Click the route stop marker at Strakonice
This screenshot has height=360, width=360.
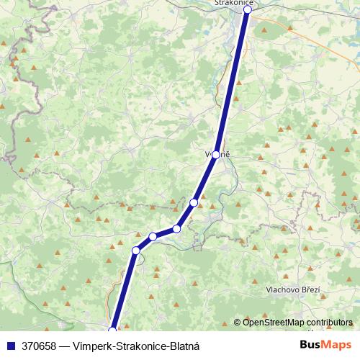pyautogui.click(x=247, y=9)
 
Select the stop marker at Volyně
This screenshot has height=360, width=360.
pyautogui.click(x=215, y=154)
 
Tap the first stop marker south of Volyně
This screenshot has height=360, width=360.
pyautogui.click(x=194, y=202)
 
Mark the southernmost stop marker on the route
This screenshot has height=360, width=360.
pyautogui.click(x=112, y=330)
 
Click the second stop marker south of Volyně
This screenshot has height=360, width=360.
pyautogui.click(x=176, y=229)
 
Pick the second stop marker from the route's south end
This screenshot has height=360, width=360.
pyautogui.click(x=135, y=251)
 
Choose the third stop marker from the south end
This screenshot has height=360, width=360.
pyautogui.click(x=153, y=236)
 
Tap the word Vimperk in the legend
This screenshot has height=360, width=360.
pyautogui.click(x=91, y=346)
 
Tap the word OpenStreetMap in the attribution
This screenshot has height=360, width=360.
pyautogui.click(x=274, y=323)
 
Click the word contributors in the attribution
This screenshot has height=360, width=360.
pyautogui.click(x=329, y=323)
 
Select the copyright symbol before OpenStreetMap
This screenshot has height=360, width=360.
pyautogui.click(x=238, y=323)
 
